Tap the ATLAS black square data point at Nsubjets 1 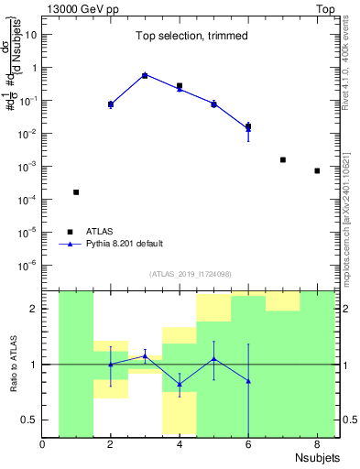tap(76, 192)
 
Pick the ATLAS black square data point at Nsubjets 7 tap(282, 159)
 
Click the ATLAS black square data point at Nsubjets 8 tap(317, 170)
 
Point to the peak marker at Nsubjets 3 tap(145, 75)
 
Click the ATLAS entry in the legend tap(102, 231)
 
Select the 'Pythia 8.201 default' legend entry tap(125, 244)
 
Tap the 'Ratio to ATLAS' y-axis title tap(12, 364)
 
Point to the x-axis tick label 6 tap(247, 445)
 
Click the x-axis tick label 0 tap(42, 445)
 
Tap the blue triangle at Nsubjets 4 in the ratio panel tap(180, 384)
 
